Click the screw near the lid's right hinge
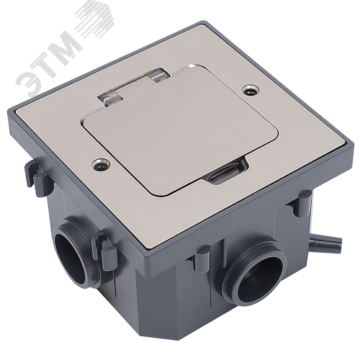click(251, 90)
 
